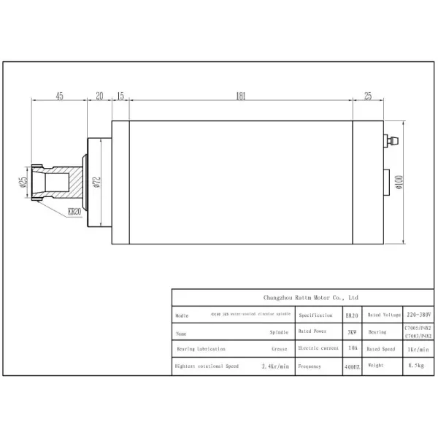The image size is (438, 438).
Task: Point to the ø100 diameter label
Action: pyautogui.click(x=399, y=182)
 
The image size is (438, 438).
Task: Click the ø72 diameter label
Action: pyautogui.click(x=96, y=182)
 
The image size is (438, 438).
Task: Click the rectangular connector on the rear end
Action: pyautogui.click(x=386, y=181)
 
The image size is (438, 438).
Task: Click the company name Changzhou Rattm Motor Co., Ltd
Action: pyautogui.click(x=310, y=298)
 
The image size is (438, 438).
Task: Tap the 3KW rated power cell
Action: pyautogui.click(x=351, y=331)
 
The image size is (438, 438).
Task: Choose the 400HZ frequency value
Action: pyautogui.click(x=351, y=366)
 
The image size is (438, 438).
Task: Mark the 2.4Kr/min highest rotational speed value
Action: pyautogui.click(x=276, y=366)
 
